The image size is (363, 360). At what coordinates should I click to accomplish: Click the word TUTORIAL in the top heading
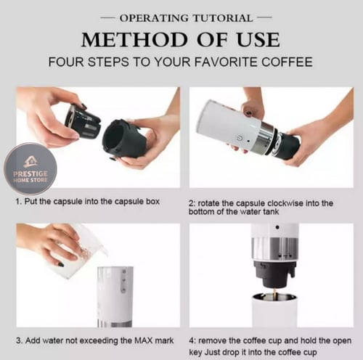pos(223,18)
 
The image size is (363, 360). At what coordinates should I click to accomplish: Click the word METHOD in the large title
pos(134,40)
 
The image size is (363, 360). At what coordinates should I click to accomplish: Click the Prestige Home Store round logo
pos(30,168)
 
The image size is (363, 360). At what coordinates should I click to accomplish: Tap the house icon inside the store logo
pos(30,162)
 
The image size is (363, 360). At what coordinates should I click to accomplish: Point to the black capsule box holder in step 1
pos(125,139)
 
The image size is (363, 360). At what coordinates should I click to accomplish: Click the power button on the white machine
pos(239,139)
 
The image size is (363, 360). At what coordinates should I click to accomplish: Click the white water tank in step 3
pos(115,297)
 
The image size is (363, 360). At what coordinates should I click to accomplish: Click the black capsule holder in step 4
pos(274,274)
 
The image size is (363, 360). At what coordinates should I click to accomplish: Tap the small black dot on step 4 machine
pos(277,227)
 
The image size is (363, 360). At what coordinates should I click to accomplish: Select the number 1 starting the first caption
pos(17,202)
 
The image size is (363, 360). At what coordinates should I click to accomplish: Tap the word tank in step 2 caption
pos(270,212)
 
